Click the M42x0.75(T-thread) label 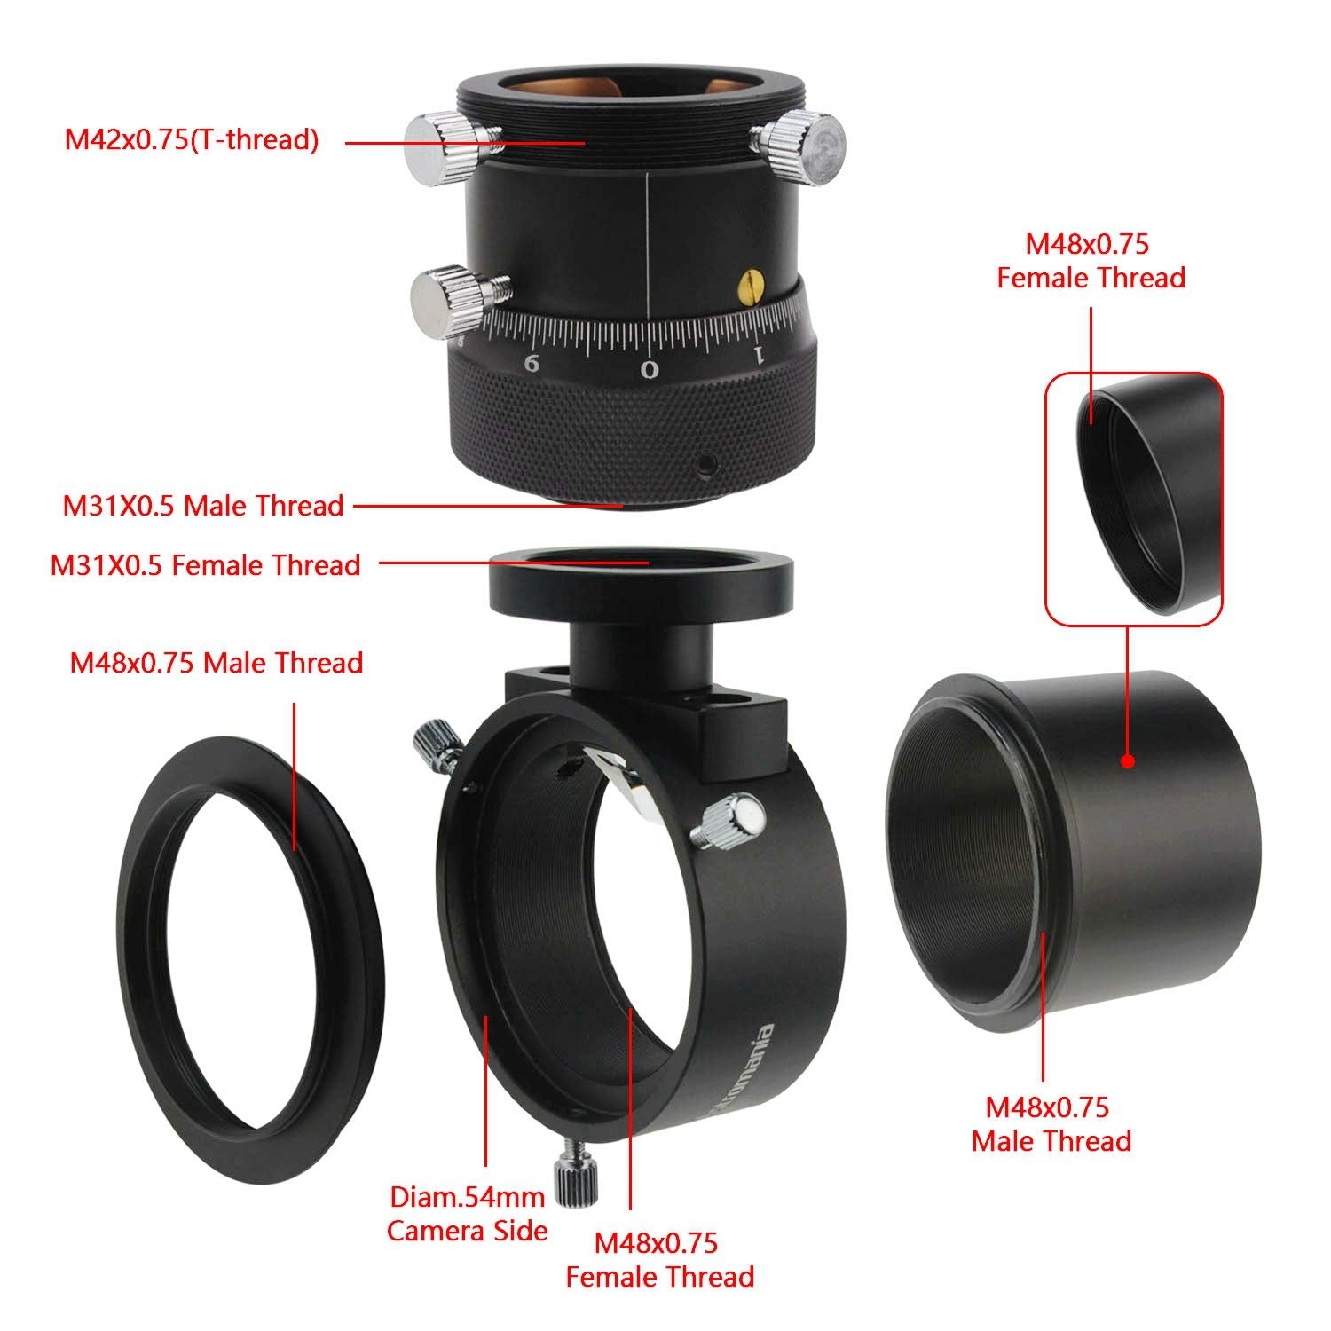pos(191,139)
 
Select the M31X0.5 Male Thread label pos(202,506)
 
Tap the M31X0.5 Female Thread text pos(205,565)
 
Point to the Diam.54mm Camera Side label pos(467,1214)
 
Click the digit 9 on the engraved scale pos(532,362)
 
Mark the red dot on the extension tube pos(1127,761)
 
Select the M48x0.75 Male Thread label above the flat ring pos(217,663)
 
